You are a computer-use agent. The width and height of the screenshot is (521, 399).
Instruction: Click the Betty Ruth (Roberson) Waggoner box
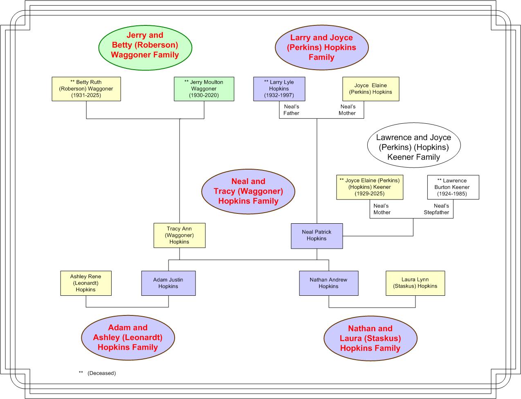click(86, 89)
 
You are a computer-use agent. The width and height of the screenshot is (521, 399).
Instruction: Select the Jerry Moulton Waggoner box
click(204, 89)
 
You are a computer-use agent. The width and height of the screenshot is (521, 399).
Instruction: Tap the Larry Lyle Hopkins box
click(279, 89)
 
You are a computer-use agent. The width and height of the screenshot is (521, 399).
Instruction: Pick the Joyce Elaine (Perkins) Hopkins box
click(371, 89)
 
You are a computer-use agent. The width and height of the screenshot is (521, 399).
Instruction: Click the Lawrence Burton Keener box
click(453, 187)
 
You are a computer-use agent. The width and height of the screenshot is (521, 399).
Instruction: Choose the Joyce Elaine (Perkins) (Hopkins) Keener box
click(370, 187)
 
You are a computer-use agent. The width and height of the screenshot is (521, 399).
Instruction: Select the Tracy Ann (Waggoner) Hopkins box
click(180, 236)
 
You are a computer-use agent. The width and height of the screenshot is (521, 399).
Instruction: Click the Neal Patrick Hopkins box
click(317, 236)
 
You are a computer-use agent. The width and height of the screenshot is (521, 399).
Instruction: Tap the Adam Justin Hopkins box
click(168, 283)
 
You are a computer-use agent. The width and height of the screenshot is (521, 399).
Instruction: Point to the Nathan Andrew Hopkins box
click(329, 283)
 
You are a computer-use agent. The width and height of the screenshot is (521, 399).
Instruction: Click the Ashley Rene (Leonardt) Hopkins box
click(86, 283)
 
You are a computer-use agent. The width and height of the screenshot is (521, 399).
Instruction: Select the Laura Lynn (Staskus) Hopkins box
click(415, 283)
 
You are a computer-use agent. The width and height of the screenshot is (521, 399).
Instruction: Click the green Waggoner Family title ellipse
click(145, 48)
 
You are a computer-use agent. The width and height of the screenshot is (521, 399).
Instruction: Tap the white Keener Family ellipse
click(414, 145)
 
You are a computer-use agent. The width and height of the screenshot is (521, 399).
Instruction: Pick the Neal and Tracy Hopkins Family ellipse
click(248, 191)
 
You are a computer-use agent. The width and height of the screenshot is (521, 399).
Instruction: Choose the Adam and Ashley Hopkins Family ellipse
click(128, 338)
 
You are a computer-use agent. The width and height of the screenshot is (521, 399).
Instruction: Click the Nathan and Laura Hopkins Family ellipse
click(371, 338)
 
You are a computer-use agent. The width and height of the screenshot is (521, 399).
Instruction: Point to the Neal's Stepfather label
click(436, 209)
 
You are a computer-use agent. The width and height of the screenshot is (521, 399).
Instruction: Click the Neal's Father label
click(291, 110)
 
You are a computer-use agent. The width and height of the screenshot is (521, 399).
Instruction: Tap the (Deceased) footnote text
click(101, 373)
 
